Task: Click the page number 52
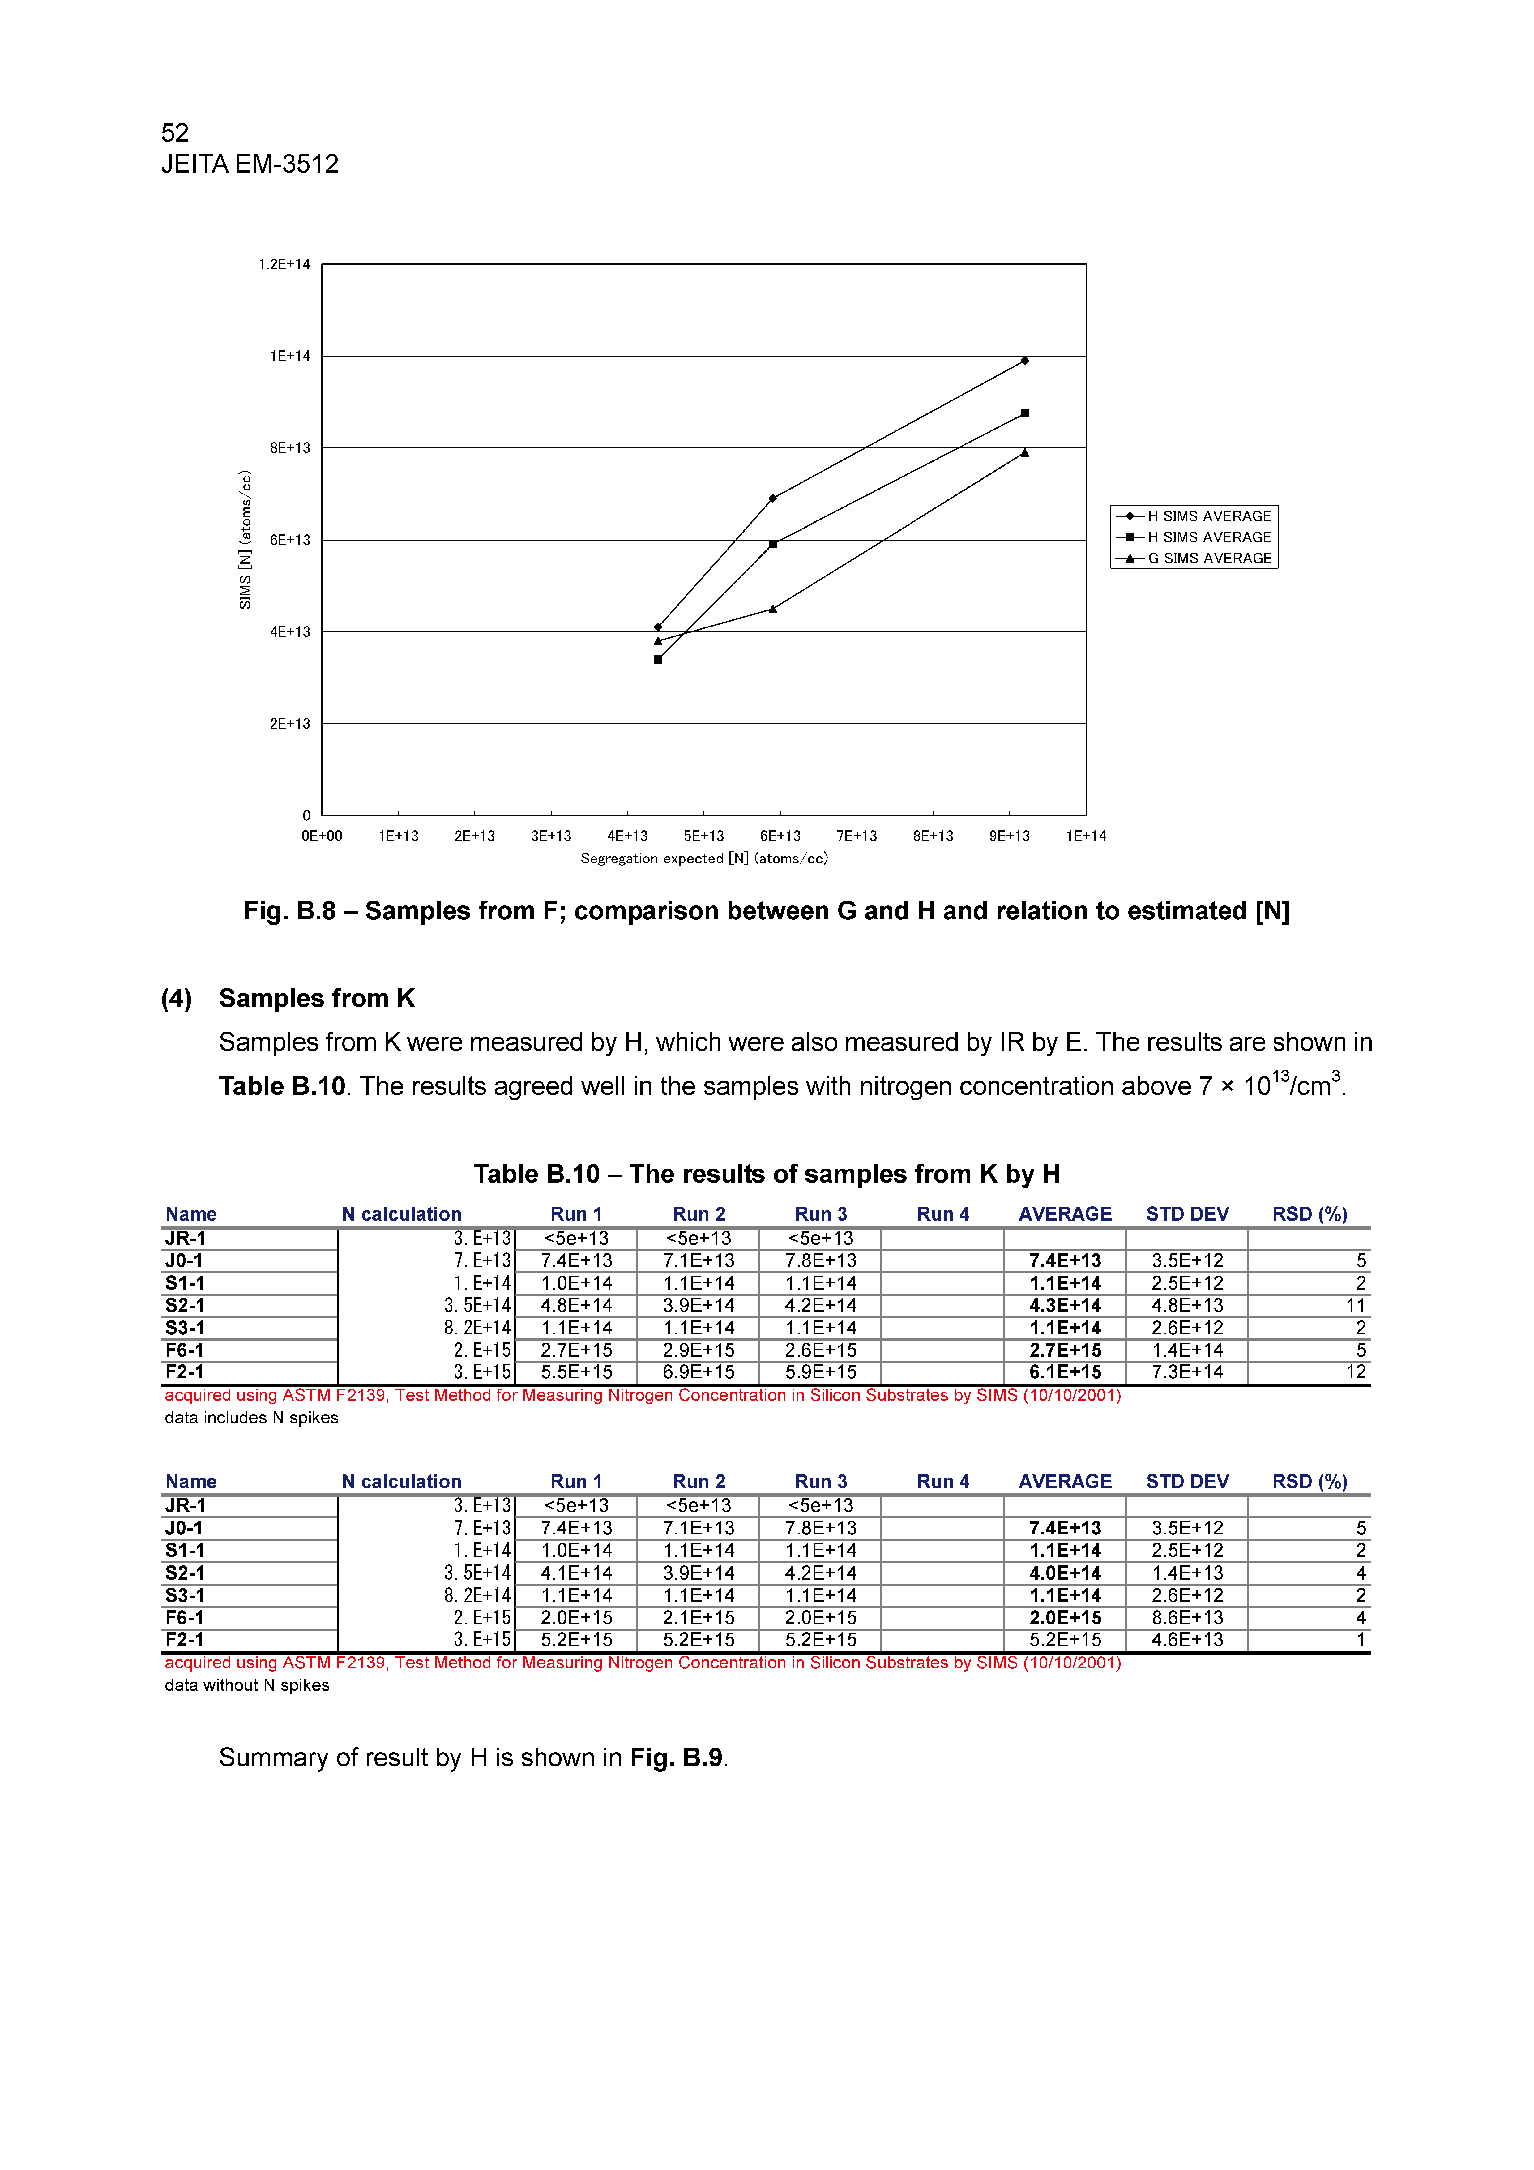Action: [x=175, y=132]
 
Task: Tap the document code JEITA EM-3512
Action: [x=250, y=165]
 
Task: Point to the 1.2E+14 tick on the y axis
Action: [x=284, y=265]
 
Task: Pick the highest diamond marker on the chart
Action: [x=1024, y=361]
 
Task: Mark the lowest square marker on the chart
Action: [x=658, y=660]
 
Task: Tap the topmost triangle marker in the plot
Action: [x=1024, y=453]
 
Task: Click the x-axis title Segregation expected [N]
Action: [x=703, y=859]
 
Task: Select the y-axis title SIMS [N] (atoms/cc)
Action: [x=246, y=540]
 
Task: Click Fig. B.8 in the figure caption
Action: [x=289, y=911]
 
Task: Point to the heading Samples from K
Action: [x=317, y=999]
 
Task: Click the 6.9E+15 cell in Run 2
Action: [x=699, y=1372]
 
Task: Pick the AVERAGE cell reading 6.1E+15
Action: [x=1065, y=1372]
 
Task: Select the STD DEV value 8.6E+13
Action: [x=1187, y=1618]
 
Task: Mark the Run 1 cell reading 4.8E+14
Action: [x=577, y=1305]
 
